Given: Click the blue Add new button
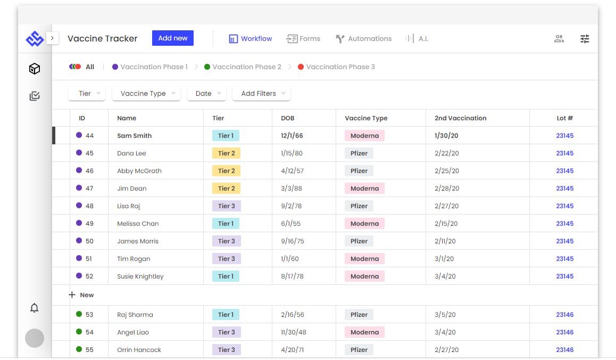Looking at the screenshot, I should pos(172,38).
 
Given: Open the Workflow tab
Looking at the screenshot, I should pos(251,39).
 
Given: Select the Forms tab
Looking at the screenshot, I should pos(303,39).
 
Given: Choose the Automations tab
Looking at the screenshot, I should pos(364,39).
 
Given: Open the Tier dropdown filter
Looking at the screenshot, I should pos(87,94).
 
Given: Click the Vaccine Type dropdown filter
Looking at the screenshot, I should pos(146,94).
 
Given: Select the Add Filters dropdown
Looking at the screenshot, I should pos(261,94).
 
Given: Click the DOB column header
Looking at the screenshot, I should pos(288,118).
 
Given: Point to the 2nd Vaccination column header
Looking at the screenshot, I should pos(461,118).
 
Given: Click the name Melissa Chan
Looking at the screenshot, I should pos(138,224).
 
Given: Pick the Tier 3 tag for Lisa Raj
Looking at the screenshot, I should pos(226,206).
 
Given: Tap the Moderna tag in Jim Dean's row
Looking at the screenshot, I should pos(364,189).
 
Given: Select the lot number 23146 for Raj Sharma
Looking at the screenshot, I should pos(564,315).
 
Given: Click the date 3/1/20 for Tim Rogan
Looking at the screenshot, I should pos(444,259).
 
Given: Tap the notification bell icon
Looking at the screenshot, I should pos(35,308).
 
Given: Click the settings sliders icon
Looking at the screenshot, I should pos(585,39).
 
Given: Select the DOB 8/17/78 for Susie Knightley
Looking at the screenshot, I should pos(292,277).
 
